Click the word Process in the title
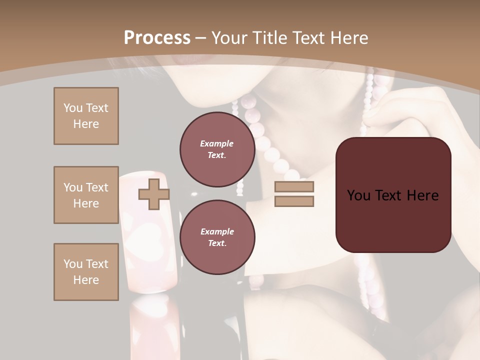(157, 38)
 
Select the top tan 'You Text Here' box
(86, 116)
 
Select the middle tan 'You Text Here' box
(86, 195)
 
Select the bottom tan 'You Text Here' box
(86, 272)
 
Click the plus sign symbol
(153, 194)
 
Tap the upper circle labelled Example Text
(217, 149)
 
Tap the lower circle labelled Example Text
(217, 237)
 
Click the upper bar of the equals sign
(294, 187)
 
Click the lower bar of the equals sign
(294, 201)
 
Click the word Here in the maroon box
(423, 195)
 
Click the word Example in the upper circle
(217, 143)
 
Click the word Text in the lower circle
(216, 243)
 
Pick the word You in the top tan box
(72, 108)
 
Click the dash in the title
(201, 38)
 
